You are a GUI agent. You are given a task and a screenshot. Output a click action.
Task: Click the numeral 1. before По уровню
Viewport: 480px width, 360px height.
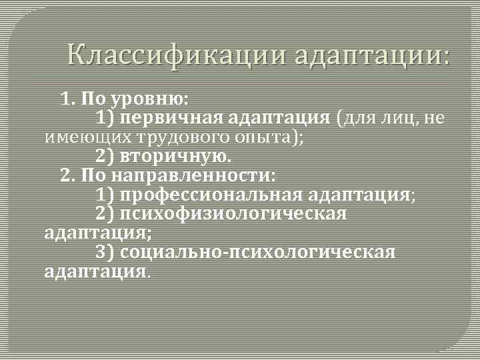(68, 100)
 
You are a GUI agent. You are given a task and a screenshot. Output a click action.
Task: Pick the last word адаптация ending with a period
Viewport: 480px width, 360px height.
(97, 272)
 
